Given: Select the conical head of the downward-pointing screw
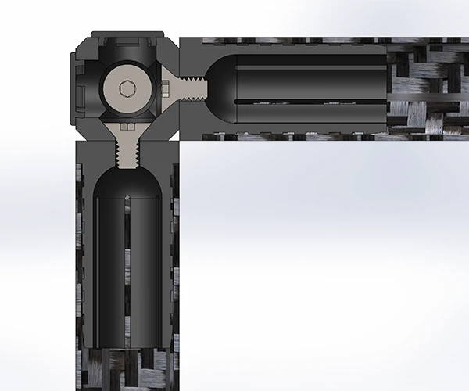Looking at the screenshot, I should tap(127, 127).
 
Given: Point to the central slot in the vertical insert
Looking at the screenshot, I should tap(127, 266).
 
